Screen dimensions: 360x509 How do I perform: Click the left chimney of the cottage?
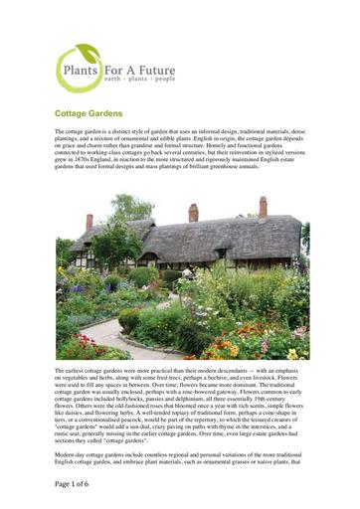point(90,221)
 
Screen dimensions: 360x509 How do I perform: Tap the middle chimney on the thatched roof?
point(193,212)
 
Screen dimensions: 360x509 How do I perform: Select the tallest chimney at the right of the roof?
point(263,206)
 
